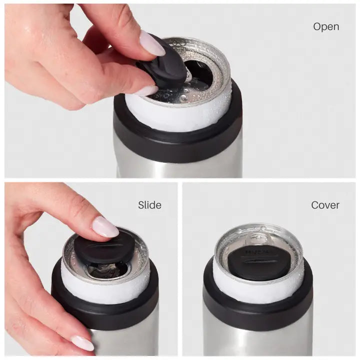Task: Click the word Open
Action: (326, 26)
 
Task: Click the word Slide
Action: (149, 205)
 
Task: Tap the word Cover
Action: (325, 205)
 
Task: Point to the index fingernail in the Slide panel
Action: (105, 227)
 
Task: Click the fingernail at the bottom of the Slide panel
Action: (82, 342)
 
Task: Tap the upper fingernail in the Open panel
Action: (152, 44)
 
